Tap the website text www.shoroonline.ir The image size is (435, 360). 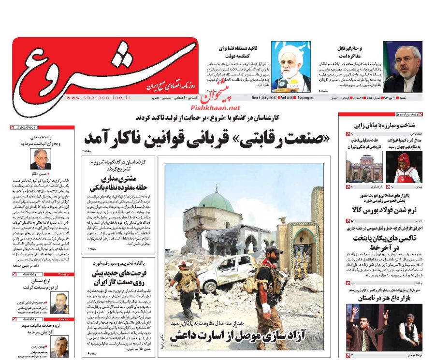pyautogui.click(x=99, y=97)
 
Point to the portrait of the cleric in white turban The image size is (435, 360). pyautogui.click(x=290, y=67)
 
